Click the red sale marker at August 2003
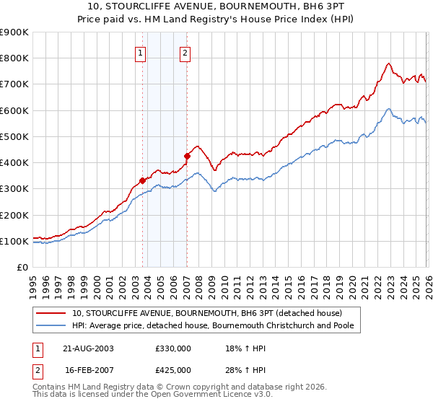(x=143, y=180)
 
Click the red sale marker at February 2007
(x=187, y=155)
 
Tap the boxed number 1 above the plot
(x=140, y=52)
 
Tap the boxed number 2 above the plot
(x=185, y=52)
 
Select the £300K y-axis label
(x=14, y=189)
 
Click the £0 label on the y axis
(x=22, y=268)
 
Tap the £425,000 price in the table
(x=173, y=370)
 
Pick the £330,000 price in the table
(x=173, y=348)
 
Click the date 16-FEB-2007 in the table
(x=87, y=370)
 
